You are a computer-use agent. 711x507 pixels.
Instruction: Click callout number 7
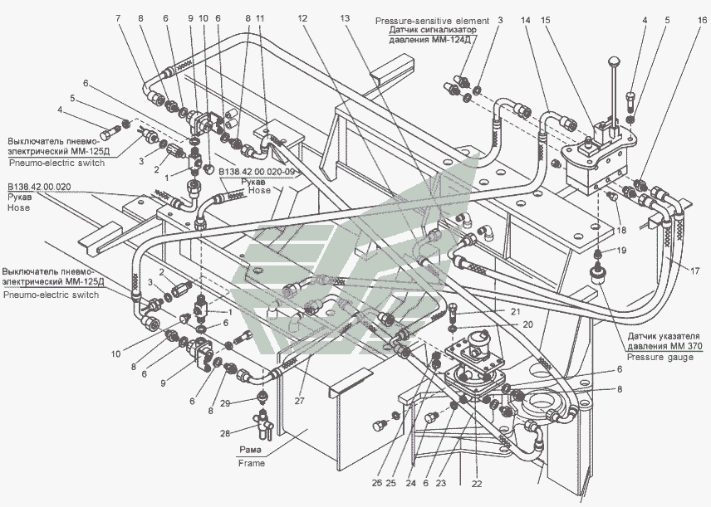(119, 17)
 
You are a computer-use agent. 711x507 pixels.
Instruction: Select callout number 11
(259, 17)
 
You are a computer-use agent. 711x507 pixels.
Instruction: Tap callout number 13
(346, 17)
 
